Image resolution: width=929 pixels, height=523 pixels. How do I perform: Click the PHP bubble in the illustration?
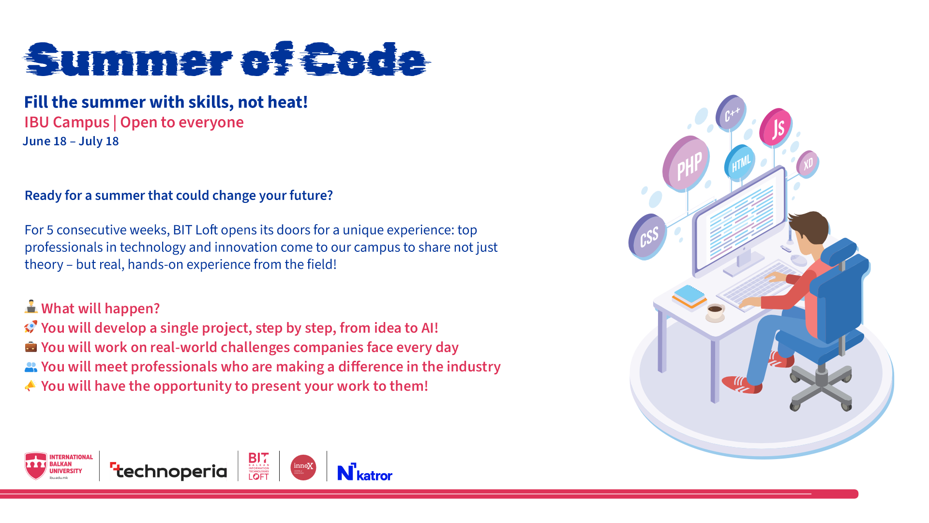[687, 164]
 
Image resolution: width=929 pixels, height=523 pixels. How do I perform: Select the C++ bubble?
[731, 113]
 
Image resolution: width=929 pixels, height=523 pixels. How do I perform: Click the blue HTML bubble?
[740, 163]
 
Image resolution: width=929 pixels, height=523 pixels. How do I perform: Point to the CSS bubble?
[648, 236]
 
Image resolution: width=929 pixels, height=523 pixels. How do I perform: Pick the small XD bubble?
[808, 164]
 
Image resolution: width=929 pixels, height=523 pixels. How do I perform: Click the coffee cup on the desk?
[715, 311]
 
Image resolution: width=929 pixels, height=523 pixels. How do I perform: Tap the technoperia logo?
[169, 470]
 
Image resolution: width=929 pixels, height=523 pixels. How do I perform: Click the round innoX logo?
[303, 467]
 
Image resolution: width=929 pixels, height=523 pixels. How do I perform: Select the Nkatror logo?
[365, 472]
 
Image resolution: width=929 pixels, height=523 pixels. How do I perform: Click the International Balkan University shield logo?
[36, 466]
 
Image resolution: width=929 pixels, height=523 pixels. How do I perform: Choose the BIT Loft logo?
[258, 466]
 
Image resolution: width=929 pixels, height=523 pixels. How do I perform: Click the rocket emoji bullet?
[30, 327]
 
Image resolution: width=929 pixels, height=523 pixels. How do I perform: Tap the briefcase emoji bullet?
[30, 347]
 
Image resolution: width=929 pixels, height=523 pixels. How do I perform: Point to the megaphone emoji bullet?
[30, 385]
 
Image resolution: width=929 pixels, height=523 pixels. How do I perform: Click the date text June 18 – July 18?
[71, 141]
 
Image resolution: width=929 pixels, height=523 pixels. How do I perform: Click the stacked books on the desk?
[689, 296]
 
